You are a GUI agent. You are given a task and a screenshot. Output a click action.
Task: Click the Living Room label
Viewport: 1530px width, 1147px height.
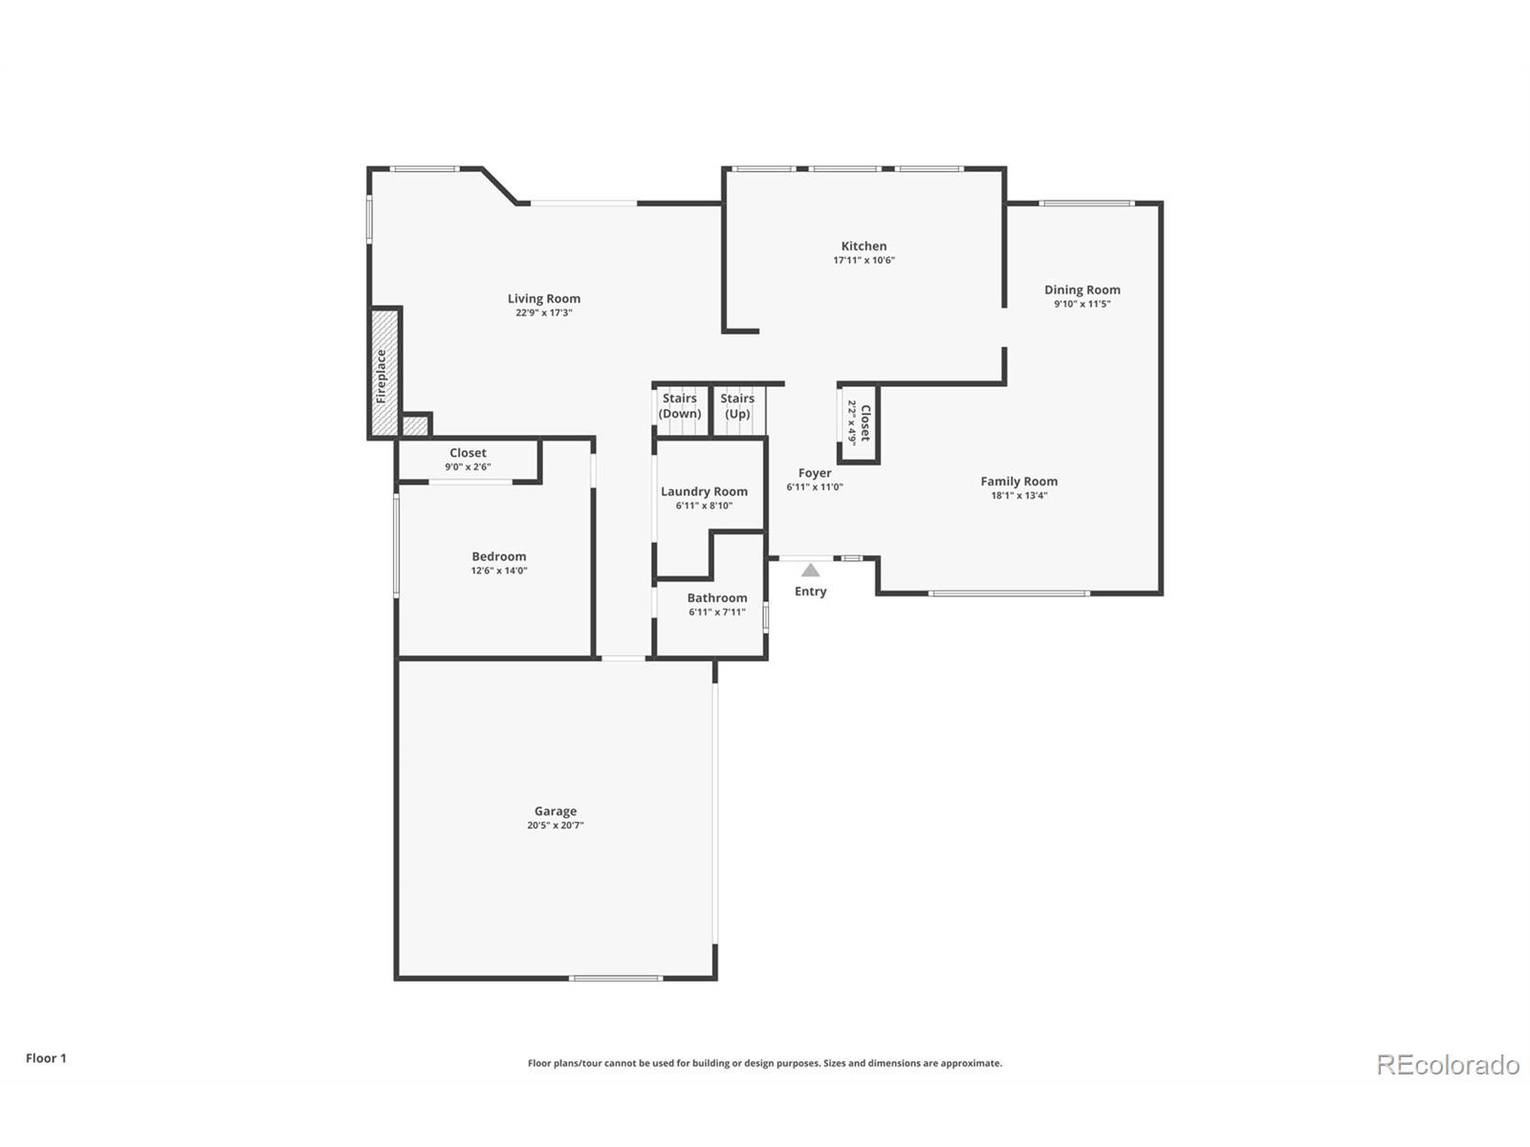pos(544,299)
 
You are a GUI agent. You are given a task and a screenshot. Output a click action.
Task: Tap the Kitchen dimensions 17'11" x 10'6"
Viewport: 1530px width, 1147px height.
pos(864,260)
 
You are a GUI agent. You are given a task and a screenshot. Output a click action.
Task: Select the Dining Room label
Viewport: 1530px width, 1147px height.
pos(1082,290)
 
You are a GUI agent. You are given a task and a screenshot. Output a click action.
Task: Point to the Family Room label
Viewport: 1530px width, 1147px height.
pos(1019,481)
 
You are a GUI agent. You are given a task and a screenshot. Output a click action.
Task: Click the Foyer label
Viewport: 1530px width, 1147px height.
pos(814,473)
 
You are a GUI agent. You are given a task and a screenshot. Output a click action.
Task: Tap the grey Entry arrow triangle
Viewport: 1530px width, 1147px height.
pos(810,571)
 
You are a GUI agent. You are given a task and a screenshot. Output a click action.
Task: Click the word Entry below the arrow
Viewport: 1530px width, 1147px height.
pos(810,591)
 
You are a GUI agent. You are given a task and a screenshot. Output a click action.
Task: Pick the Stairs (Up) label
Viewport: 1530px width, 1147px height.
pos(737,406)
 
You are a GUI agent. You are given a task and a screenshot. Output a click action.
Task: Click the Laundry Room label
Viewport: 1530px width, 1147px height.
pos(704,492)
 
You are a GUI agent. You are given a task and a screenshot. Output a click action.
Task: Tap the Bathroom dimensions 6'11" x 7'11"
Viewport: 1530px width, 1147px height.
pos(717,612)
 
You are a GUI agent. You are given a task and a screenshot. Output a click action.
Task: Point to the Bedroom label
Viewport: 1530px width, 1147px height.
pos(498,557)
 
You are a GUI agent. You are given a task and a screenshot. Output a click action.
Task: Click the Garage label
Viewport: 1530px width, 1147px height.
pos(555,811)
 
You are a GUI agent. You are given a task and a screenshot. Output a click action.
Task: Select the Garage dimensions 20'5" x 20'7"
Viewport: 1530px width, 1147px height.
pos(555,825)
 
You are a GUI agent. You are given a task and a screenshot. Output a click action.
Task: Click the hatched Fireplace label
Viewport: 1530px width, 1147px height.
pos(382,377)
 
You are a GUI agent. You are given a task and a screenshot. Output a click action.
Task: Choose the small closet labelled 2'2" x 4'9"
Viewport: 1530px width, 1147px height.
pos(859,423)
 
